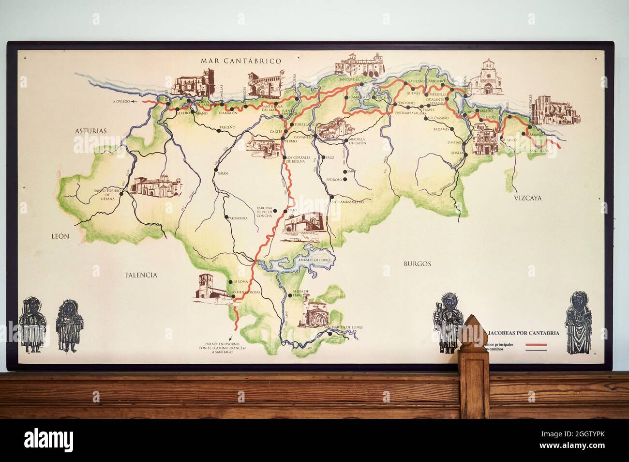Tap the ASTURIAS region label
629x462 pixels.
tap(90, 131)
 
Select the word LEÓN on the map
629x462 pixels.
tap(61, 236)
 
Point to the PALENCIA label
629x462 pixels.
tap(141, 275)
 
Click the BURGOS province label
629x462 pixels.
tap(417, 263)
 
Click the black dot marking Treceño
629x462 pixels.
tap(240, 123)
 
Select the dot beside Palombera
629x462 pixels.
tap(226, 216)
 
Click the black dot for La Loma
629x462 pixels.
tap(229, 281)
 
